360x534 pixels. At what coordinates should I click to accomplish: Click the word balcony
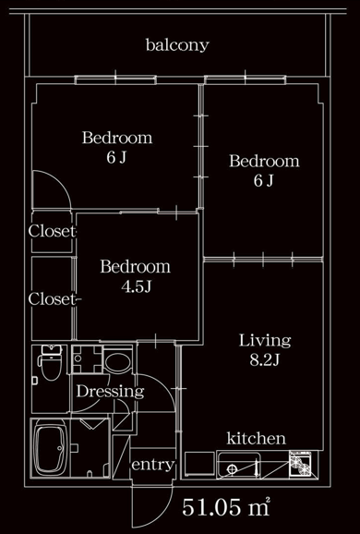[177, 45]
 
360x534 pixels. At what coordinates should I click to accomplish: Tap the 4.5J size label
[136, 286]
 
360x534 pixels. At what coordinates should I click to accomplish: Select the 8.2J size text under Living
[264, 360]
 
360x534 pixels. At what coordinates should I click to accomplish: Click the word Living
[265, 341]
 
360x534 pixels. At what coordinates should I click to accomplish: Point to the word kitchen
[257, 438]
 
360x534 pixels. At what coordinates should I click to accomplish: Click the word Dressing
[110, 392]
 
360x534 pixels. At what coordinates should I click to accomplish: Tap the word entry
[153, 465]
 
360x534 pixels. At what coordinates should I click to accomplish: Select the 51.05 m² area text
[226, 507]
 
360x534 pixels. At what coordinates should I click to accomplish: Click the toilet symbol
[51, 363]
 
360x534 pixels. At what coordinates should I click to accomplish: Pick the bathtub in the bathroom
[51, 448]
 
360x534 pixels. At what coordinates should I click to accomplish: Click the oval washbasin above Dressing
[117, 362]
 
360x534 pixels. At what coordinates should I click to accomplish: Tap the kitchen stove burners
[300, 463]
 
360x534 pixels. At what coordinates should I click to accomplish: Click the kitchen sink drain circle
[232, 469]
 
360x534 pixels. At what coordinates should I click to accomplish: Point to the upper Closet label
[53, 232]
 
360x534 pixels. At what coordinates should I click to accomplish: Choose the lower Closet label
[55, 299]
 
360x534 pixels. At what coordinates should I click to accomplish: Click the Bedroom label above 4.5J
[135, 267]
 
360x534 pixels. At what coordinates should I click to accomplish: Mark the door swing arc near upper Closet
[60, 179]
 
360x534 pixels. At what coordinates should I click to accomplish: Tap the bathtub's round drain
[60, 448]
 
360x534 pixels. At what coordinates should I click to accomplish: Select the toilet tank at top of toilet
[52, 350]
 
